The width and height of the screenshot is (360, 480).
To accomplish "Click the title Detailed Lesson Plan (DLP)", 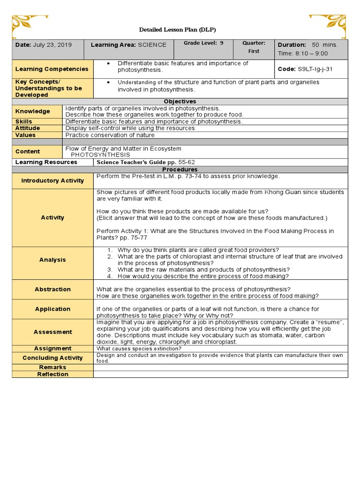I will [177, 30].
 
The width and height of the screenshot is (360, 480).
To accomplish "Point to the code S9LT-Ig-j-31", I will [316, 68].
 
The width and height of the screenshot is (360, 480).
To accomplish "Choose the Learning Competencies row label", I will [52, 69].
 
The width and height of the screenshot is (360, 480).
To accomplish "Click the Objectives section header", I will [180, 102].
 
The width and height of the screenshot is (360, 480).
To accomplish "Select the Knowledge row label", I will [32, 112].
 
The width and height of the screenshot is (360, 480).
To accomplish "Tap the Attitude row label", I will [28, 128].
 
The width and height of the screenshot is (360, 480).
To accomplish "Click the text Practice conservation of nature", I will [110, 135].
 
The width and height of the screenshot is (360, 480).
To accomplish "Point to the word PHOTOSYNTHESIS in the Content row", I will [100, 155].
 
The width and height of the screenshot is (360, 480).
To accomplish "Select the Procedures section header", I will [180, 169].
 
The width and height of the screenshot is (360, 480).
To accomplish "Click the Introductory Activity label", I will [52, 180].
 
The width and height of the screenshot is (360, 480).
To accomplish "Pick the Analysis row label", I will [52, 260].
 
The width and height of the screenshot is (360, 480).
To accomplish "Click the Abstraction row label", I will [52, 289].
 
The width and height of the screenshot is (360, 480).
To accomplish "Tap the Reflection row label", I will [52, 374].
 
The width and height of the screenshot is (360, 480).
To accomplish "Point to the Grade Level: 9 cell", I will [203, 43].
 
